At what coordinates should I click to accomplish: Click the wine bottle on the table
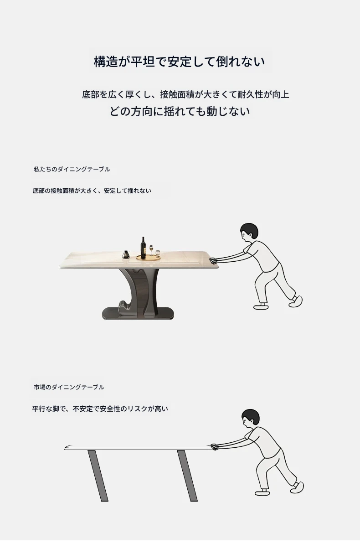click(x=143, y=248)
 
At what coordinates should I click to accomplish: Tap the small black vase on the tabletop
click(x=126, y=254)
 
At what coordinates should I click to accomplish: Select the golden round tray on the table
click(x=148, y=258)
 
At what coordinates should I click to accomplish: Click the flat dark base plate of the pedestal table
click(x=138, y=313)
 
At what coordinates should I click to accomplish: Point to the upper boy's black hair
click(x=250, y=230)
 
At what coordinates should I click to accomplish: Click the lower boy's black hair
click(x=251, y=416)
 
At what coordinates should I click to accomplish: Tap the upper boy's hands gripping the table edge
click(x=213, y=260)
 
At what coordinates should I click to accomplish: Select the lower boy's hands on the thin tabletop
click(x=215, y=447)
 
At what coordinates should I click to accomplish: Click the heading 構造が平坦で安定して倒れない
click(x=179, y=62)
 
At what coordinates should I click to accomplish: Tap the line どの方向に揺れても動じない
click(x=180, y=111)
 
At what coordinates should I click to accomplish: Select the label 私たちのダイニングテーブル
click(x=72, y=170)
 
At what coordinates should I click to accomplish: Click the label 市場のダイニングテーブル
click(x=69, y=387)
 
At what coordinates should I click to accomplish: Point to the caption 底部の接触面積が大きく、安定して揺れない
click(x=92, y=191)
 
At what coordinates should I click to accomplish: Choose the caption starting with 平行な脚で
click(x=100, y=409)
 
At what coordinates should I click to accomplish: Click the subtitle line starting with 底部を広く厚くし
click(x=185, y=94)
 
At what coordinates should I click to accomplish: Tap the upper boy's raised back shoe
click(x=296, y=301)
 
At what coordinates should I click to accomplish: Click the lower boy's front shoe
click(x=262, y=493)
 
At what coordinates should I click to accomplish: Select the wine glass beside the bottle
click(x=151, y=250)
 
